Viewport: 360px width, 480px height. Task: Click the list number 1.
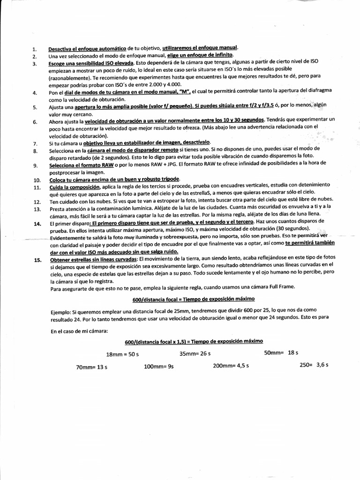point(34,49)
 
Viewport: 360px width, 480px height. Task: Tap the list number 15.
point(36,260)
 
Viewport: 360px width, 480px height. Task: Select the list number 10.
point(36,180)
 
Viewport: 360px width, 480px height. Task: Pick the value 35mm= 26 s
point(195,353)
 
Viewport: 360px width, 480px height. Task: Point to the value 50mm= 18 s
point(281,352)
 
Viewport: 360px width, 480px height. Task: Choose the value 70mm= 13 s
point(92,367)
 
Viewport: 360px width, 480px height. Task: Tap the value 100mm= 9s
point(159,367)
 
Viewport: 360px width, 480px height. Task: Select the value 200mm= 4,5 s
point(231,366)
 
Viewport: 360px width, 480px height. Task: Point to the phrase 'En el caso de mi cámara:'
point(79,331)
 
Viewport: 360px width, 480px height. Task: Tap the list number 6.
point(35,122)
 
